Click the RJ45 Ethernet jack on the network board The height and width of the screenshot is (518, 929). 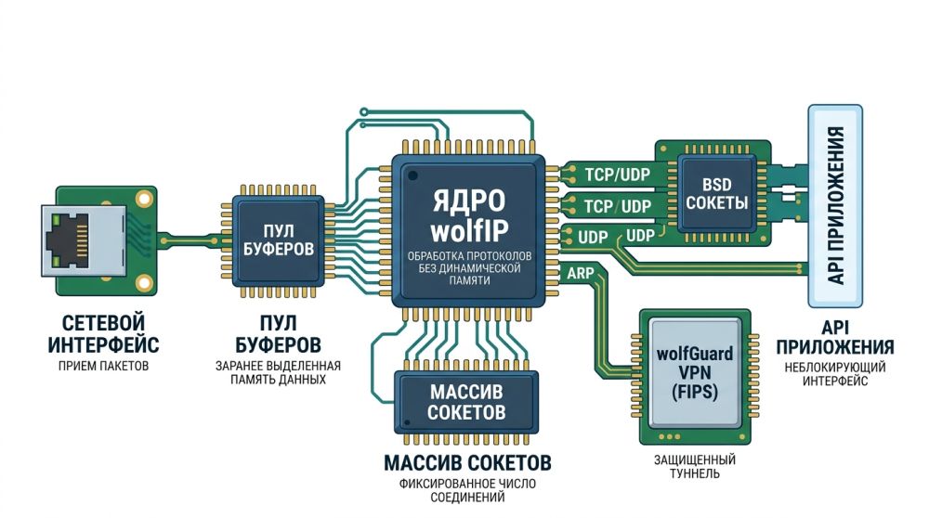click(70, 235)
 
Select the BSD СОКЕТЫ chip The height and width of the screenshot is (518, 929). click(716, 193)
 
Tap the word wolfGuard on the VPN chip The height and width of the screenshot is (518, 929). click(695, 354)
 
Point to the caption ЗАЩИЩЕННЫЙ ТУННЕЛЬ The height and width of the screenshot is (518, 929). click(695, 466)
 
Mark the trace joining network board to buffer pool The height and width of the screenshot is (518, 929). click(190, 239)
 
